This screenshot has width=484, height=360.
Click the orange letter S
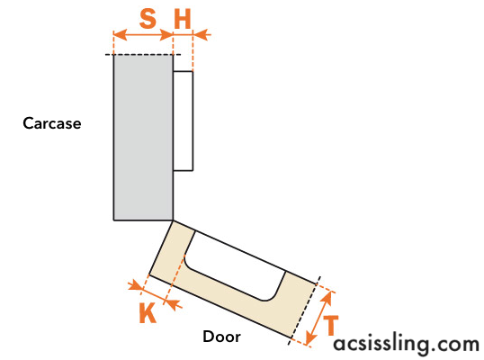[148, 18]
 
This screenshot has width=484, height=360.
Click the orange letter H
[183, 19]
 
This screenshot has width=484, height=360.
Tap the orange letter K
[148, 312]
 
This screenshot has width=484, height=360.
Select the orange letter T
[331, 326]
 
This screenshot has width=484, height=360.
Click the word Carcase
[52, 123]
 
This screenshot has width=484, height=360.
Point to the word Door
[221, 337]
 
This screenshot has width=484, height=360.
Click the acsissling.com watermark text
[407, 345]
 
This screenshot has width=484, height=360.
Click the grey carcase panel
[143, 138]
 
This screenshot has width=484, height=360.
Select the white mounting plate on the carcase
[183, 121]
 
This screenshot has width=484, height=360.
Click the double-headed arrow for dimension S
[143, 35]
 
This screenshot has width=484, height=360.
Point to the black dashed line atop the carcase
[143, 55]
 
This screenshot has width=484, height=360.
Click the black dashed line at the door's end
[304, 310]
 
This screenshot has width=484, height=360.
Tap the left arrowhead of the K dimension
[136, 285]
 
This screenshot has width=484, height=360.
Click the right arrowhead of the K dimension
[173, 304]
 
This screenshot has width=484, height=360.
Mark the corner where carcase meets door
[173, 220]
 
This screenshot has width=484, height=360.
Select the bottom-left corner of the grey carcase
[114, 220]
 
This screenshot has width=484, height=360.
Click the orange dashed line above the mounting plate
[193, 51]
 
